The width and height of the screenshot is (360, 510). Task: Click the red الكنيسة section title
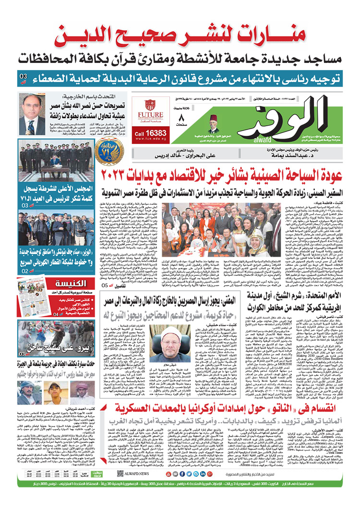(71, 283)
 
